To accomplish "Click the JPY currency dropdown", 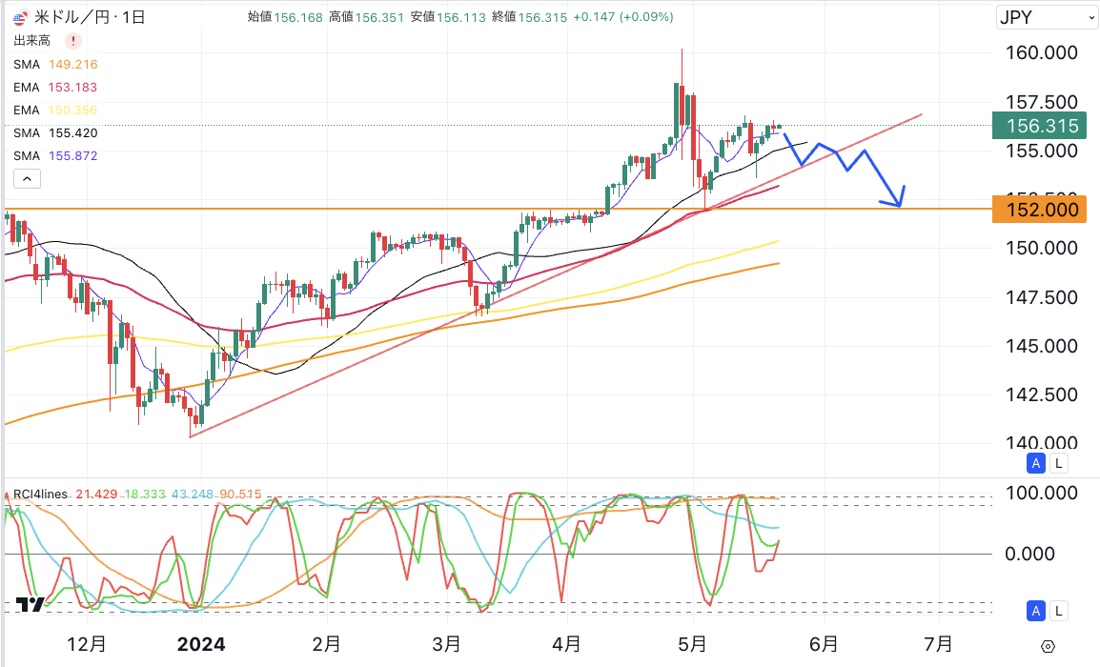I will (x=1047, y=17).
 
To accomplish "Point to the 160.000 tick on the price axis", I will (x=1042, y=52).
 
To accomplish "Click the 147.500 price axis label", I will (x=1042, y=297).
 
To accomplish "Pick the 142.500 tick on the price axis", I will (x=1042, y=394).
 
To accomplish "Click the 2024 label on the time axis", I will (x=201, y=644).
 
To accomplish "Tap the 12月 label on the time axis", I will (x=87, y=644).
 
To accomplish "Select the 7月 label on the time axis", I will (x=939, y=644).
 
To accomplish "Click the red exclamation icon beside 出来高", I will (x=73, y=41).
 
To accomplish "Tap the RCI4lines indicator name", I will (x=40, y=494).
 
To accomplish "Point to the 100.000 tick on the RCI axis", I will (x=1042, y=494).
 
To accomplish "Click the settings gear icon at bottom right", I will (x=1048, y=646).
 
